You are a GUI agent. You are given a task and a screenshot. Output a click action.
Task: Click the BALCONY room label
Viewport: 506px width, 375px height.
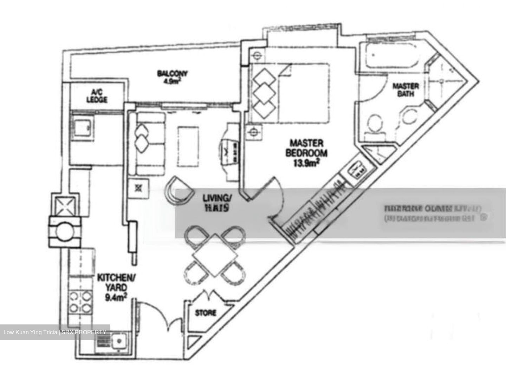172,74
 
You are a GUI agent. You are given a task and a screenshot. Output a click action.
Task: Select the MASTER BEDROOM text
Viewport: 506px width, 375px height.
306,148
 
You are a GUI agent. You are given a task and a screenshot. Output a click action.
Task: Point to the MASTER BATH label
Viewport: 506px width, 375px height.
401,90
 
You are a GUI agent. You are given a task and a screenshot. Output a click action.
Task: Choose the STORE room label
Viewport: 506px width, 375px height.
206,312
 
